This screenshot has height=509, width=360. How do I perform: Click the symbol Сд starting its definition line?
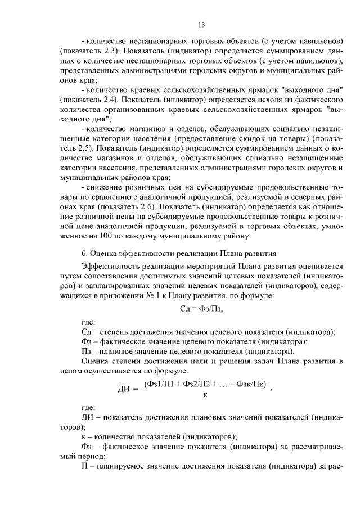87,332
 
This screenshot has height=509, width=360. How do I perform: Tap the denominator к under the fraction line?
205,395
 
